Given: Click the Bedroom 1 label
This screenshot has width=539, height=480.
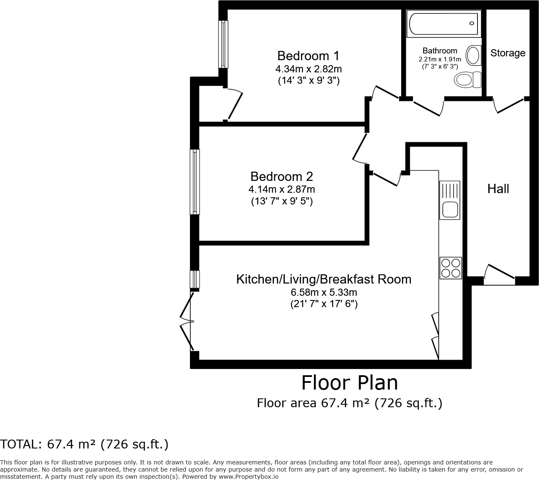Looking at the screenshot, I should (x=308, y=56).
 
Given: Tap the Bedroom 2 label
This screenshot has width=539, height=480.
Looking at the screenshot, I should (x=282, y=176).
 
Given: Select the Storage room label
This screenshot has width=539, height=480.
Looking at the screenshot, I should (x=507, y=53).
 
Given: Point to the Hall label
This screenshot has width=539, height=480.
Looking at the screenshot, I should (x=498, y=189).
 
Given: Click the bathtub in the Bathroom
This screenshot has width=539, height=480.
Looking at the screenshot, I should (x=443, y=24).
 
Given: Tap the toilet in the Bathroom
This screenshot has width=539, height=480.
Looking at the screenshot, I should (x=468, y=79).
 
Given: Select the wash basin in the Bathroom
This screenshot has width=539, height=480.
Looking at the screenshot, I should (x=474, y=55).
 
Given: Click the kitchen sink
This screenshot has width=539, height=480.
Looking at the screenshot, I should (x=450, y=200).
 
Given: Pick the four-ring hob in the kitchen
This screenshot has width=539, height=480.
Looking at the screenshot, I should (x=450, y=268).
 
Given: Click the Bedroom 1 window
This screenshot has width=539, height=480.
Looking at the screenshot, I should (x=223, y=44).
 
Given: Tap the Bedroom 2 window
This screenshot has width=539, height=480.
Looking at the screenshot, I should (x=195, y=182).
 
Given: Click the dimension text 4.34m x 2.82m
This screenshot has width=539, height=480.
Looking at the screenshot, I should (x=308, y=69).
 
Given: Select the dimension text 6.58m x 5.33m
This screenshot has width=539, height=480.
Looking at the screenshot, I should (x=324, y=292).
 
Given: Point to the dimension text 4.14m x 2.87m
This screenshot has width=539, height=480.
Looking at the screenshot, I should (x=282, y=189).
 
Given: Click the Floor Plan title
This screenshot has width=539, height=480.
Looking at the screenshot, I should (x=349, y=383).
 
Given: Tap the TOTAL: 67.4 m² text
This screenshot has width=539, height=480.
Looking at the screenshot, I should (x=84, y=444).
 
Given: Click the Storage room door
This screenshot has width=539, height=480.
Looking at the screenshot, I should (x=509, y=105).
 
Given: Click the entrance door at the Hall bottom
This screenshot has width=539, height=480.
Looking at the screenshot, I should (x=500, y=273).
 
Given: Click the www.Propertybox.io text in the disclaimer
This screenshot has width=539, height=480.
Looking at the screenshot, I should (x=248, y=477).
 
